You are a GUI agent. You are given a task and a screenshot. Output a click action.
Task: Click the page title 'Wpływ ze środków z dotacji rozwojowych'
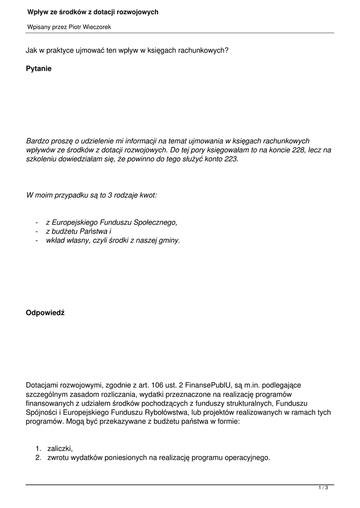pos(93,12)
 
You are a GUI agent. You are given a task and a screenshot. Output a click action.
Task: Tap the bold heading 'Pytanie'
pos(39,69)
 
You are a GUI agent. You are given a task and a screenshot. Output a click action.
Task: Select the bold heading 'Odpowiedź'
pos(45,313)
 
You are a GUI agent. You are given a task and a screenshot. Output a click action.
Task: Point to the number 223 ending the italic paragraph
pos(230,159)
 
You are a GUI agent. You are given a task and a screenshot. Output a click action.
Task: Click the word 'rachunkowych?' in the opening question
pos(206,50)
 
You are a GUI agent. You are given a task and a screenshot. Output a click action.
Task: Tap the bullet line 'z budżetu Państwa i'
pos(78,232)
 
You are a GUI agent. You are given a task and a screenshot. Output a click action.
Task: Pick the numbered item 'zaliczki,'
pos(60,448)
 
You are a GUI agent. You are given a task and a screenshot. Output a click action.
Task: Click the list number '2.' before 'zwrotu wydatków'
pos(38,457)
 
